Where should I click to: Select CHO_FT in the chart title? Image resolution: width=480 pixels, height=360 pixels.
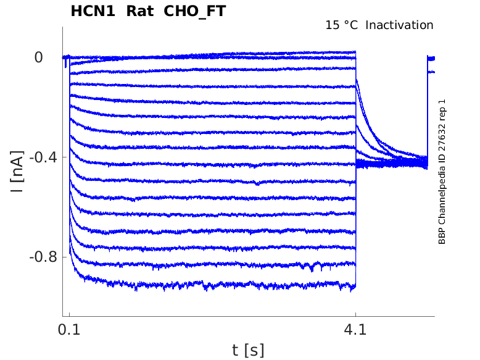(194, 11)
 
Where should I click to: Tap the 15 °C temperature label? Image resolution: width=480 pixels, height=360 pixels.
(342, 25)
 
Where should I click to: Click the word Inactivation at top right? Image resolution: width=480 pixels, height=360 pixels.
(399, 25)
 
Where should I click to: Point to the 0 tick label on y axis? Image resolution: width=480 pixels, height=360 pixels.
(38, 57)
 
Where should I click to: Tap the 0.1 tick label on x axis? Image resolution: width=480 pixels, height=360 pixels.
(69, 330)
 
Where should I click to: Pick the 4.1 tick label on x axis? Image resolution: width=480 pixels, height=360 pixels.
(355, 330)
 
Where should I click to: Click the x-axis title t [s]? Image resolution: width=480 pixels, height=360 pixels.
(248, 351)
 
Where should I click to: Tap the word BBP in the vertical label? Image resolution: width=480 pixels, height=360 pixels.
(442, 237)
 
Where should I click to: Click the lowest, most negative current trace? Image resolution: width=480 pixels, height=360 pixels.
(216, 285)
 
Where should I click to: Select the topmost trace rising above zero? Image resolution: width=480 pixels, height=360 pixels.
(278, 53)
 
